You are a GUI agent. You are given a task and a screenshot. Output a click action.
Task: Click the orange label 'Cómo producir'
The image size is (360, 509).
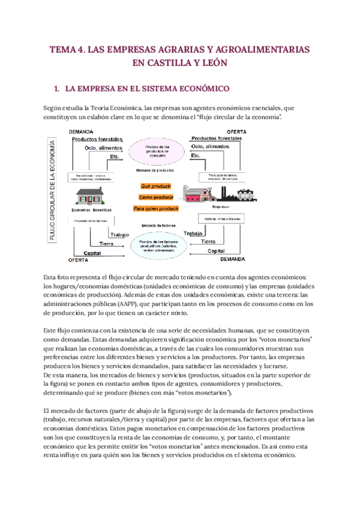click(157, 197)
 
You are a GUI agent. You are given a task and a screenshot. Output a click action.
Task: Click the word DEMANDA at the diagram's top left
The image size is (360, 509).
click(81, 131)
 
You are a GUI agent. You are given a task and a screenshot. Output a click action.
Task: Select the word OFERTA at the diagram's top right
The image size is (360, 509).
click(235, 131)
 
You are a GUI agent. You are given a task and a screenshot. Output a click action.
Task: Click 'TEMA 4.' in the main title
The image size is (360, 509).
click(67, 50)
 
